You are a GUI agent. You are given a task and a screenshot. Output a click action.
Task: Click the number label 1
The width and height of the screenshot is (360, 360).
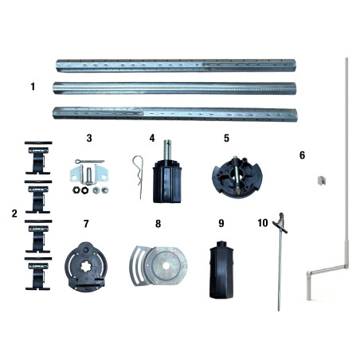point(33,86)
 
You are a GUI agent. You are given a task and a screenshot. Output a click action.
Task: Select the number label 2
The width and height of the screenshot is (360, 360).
point(14,213)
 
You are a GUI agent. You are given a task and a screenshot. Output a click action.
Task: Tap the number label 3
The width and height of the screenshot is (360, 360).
point(89,138)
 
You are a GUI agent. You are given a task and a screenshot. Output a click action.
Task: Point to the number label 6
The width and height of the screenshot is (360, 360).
point(300,155)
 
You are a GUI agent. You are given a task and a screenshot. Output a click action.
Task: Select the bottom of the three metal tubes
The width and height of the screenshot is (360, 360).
point(175,112)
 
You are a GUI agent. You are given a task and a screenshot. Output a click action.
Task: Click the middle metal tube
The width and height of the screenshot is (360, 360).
point(175,88)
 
